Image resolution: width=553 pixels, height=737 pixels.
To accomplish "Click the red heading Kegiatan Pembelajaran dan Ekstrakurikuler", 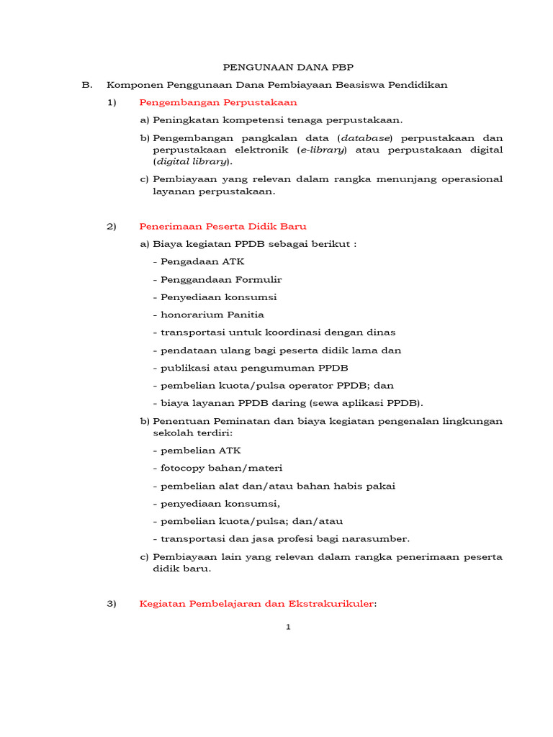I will coord(256,604).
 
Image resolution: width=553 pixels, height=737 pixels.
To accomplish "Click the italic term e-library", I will coord(323,150).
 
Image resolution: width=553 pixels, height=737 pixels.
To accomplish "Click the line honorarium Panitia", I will coord(208,315).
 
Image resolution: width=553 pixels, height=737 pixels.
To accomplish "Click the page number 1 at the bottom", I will coord(288,628).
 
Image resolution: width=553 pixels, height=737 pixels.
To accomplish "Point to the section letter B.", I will coord(87,84).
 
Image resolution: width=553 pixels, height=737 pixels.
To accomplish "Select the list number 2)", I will coord(111,226).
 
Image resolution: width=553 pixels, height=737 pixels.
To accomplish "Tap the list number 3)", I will coord(111,604).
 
